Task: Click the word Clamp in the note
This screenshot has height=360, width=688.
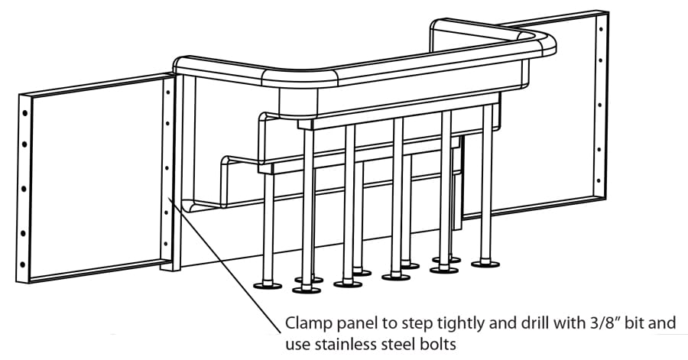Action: [x=307, y=324]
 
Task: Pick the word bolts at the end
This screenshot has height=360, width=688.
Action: [x=438, y=344]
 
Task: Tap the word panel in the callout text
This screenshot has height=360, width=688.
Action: [x=354, y=324]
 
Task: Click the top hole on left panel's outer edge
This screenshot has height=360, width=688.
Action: [x=25, y=112]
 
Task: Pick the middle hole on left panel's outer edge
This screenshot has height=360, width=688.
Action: [x=25, y=186]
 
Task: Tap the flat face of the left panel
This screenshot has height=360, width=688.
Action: [x=92, y=176]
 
